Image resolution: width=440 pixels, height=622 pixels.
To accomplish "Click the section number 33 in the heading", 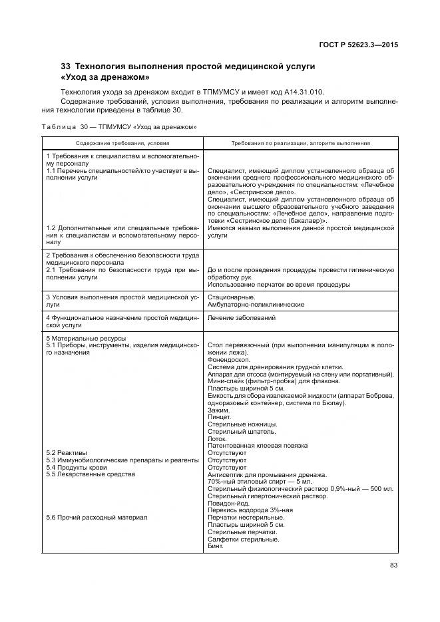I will pyautogui.click(x=65, y=67).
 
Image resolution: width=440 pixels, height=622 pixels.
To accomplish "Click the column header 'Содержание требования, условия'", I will pyautogui.click(x=122, y=143).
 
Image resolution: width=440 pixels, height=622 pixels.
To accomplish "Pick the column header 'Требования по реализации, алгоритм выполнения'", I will pyautogui.click(x=300, y=143).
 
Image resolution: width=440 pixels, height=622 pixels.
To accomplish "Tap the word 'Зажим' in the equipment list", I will pyautogui.click(x=219, y=409).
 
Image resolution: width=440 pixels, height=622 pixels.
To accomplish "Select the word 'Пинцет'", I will pyautogui.click(x=220, y=416).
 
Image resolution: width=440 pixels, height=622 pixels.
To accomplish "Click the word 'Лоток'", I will pyautogui.click(x=218, y=438).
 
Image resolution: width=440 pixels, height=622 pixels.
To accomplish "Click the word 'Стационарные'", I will pyautogui.click(x=230, y=297).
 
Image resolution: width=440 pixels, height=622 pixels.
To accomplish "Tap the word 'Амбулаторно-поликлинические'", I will pyautogui.click(x=256, y=304).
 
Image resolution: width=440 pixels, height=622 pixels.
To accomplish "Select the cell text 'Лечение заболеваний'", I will pyautogui.click(x=242, y=318).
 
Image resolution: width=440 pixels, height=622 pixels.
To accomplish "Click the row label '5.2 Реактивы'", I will pyautogui.click(x=67, y=452).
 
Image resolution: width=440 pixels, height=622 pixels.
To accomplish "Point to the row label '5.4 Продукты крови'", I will pyautogui.click(x=75, y=467).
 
